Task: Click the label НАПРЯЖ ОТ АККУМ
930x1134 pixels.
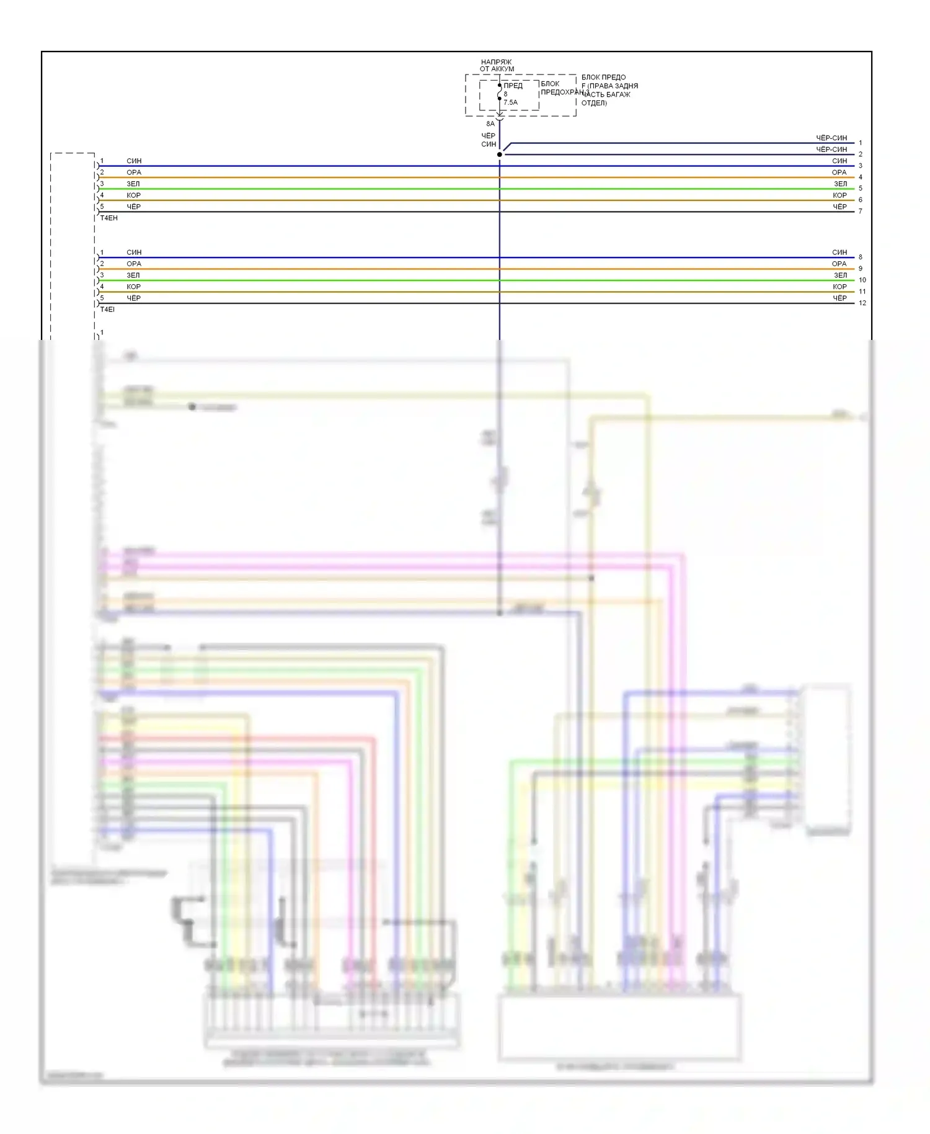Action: [497, 66]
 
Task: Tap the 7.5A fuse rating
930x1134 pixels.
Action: [510, 102]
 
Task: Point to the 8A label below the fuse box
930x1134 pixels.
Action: [490, 124]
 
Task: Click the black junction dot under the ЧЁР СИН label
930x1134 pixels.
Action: [500, 154]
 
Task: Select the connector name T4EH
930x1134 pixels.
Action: [109, 218]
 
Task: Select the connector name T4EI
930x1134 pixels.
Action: [108, 310]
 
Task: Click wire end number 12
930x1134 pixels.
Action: [862, 303]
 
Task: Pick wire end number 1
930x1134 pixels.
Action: [860, 143]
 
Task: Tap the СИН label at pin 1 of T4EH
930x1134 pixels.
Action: [134, 161]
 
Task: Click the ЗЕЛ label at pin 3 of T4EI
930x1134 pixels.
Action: [133, 275]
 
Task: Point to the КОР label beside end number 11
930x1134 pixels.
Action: [839, 287]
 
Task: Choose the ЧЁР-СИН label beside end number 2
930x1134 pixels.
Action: [831, 150]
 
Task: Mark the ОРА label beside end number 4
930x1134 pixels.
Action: [839, 172]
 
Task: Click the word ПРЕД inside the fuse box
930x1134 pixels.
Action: [513, 86]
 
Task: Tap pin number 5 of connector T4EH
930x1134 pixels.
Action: [102, 207]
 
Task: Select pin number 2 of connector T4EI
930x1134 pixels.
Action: [102, 264]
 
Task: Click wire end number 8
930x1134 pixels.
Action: [860, 257]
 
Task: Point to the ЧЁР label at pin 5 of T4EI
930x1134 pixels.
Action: [134, 298]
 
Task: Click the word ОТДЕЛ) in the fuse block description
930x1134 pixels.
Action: [594, 103]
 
